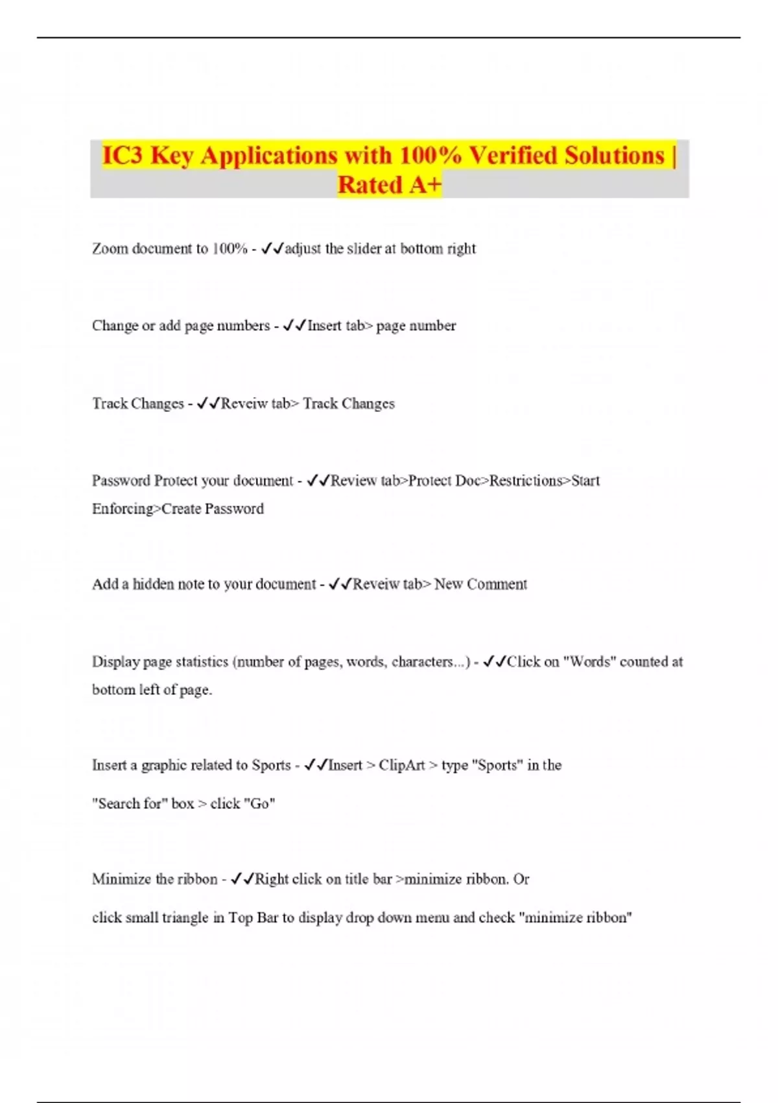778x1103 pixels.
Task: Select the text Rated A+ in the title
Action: [389, 185]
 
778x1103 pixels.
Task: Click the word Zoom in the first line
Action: [110, 248]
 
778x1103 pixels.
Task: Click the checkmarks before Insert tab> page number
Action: [294, 325]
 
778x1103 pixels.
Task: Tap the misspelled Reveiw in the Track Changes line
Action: [244, 404]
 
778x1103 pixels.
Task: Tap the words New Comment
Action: [480, 584]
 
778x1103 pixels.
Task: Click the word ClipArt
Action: [402, 765]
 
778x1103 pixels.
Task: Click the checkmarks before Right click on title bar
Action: [242, 879]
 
